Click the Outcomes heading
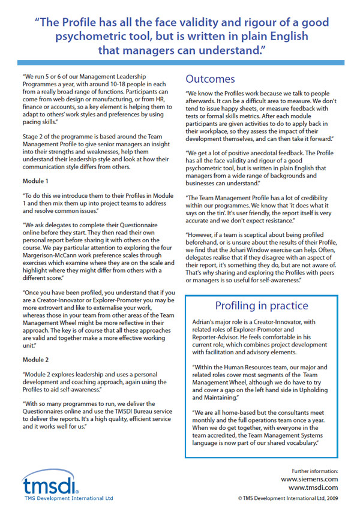[211, 79]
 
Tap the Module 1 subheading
[37, 180]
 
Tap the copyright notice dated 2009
[288, 498]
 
